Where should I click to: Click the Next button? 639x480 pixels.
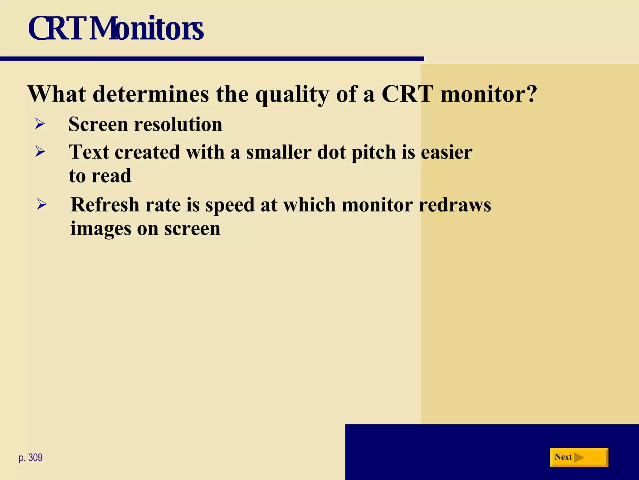[x=579, y=457]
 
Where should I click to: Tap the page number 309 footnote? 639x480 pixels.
[x=31, y=457]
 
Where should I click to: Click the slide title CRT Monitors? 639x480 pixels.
[x=116, y=29]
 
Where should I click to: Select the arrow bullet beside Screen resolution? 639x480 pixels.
[x=40, y=124]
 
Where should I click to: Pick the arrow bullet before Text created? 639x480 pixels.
[x=40, y=152]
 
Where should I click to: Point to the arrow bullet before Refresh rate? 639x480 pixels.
[x=41, y=204]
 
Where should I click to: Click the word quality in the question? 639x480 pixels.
[x=292, y=94]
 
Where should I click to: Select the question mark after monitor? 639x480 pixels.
[x=530, y=93]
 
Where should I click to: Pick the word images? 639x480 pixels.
[x=101, y=229]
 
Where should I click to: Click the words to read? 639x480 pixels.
[x=100, y=176]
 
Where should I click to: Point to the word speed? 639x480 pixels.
[x=230, y=205]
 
